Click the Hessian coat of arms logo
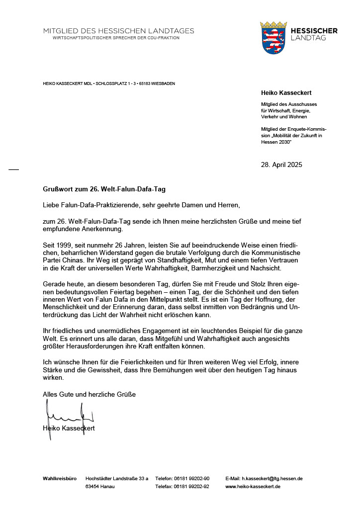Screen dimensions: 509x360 (x=273, y=37)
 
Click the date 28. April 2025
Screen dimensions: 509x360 (x=281, y=165)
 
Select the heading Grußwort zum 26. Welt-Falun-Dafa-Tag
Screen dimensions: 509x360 (x=104, y=189)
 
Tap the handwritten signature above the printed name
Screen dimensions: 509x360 (x=70, y=415)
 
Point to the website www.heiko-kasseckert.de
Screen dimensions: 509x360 (x=253, y=486)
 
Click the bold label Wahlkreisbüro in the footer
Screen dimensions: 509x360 (x=60, y=478)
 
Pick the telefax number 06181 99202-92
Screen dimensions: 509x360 (x=191, y=486)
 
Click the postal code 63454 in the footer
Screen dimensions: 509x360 (x=92, y=486)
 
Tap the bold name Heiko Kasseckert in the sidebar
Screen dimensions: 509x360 (x=286, y=93)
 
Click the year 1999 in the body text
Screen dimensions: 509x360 (x=64, y=246)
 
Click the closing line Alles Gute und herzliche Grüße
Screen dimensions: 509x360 (x=89, y=394)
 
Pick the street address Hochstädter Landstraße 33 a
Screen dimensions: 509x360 (x=117, y=478)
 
